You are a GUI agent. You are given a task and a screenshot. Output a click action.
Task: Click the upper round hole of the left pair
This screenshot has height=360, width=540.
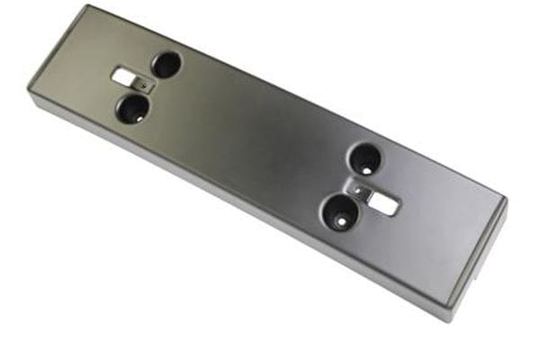coord(166,64)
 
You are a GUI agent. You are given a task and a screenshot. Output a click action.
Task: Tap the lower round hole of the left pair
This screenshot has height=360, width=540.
coord(133,109)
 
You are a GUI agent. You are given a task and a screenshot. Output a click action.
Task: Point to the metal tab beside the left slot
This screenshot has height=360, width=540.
coord(146,85)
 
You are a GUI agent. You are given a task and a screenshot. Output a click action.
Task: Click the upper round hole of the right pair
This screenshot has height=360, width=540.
coord(365,160)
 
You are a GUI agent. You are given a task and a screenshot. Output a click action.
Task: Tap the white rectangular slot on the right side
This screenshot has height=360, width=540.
coord(383,203)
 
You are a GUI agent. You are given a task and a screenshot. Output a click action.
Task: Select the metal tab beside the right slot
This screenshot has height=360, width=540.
coord(361,191)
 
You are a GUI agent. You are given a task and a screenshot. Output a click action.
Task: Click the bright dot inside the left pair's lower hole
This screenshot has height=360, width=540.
coord(133,114)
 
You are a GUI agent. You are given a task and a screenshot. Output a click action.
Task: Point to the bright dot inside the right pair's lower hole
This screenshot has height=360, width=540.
coord(341,219)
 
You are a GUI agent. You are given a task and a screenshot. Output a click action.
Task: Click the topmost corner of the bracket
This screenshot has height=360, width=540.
coord(86,6)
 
